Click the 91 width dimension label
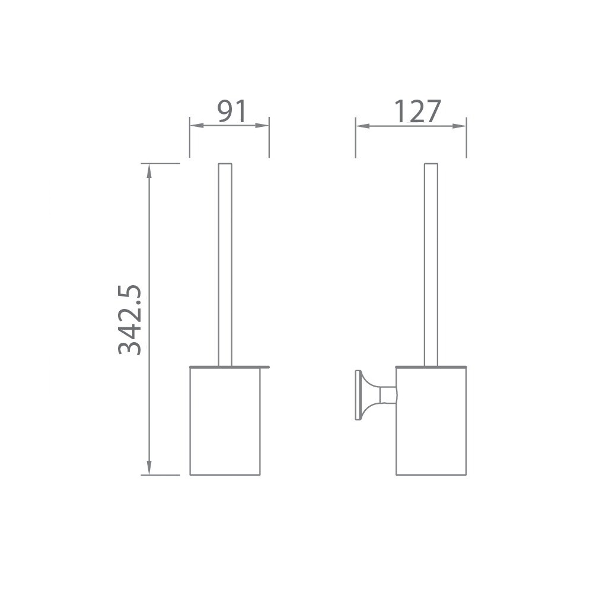(x=231, y=111)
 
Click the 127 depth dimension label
(x=417, y=111)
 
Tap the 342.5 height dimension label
(x=130, y=320)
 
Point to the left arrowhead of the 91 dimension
(x=195, y=126)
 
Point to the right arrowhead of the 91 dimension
(x=264, y=126)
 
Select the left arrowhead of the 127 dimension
(x=361, y=126)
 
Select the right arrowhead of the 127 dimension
(x=461, y=126)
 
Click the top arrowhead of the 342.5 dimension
(x=149, y=169)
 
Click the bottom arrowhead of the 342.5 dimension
(x=149, y=469)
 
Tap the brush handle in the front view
(x=225, y=267)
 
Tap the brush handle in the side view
(x=431, y=267)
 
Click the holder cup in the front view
(x=225, y=421)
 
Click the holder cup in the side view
(x=431, y=421)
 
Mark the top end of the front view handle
(x=225, y=164)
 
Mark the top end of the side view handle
(x=431, y=164)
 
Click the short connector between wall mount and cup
(x=388, y=395)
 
